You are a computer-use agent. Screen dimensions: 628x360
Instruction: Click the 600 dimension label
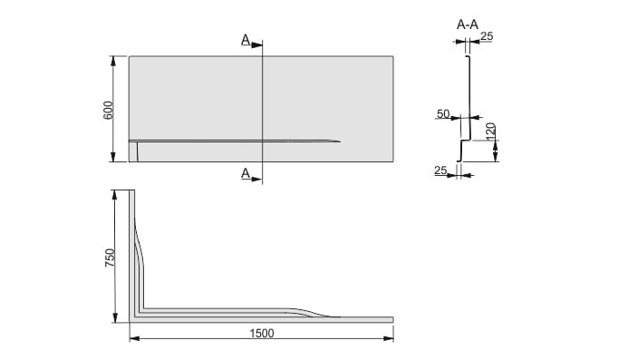[109, 111]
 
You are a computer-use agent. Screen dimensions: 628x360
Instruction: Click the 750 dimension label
[110, 258]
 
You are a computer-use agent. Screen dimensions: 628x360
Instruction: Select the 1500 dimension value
[262, 333]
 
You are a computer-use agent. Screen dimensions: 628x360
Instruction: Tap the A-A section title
[468, 24]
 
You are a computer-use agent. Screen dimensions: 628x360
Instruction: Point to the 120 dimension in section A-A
[490, 131]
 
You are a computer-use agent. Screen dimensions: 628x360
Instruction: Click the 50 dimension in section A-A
[443, 114]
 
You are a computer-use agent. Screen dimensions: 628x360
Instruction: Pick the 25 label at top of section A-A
[487, 36]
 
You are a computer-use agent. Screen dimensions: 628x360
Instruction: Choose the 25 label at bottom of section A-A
[440, 170]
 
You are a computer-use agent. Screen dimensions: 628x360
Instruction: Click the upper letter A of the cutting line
[246, 40]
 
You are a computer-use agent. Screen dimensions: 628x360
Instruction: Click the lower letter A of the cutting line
[246, 173]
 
